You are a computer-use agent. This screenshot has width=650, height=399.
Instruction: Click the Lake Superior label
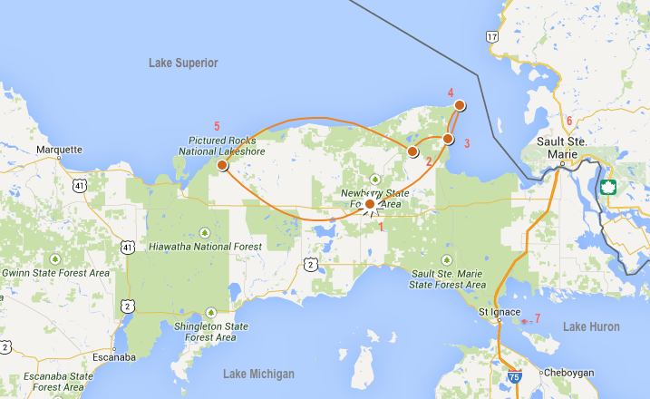tap(183, 63)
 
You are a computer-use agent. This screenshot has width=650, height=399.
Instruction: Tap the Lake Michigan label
tap(258, 374)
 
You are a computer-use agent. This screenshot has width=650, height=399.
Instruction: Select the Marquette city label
tap(59, 150)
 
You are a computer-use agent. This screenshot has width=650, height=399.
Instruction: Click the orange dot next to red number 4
tap(460, 105)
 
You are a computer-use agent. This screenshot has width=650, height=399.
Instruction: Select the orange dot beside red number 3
tap(447, 139)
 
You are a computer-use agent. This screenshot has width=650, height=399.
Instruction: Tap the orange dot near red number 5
tap(223, 165)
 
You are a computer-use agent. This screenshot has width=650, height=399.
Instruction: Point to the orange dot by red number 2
tap(412, 151)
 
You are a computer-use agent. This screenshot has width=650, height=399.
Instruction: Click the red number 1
tap(382, 227)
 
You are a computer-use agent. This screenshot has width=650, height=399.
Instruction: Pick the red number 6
tap(569, 121)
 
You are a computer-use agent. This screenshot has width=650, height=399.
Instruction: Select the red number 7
tap(537, 318)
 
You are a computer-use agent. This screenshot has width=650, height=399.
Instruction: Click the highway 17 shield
tap(491, 37)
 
